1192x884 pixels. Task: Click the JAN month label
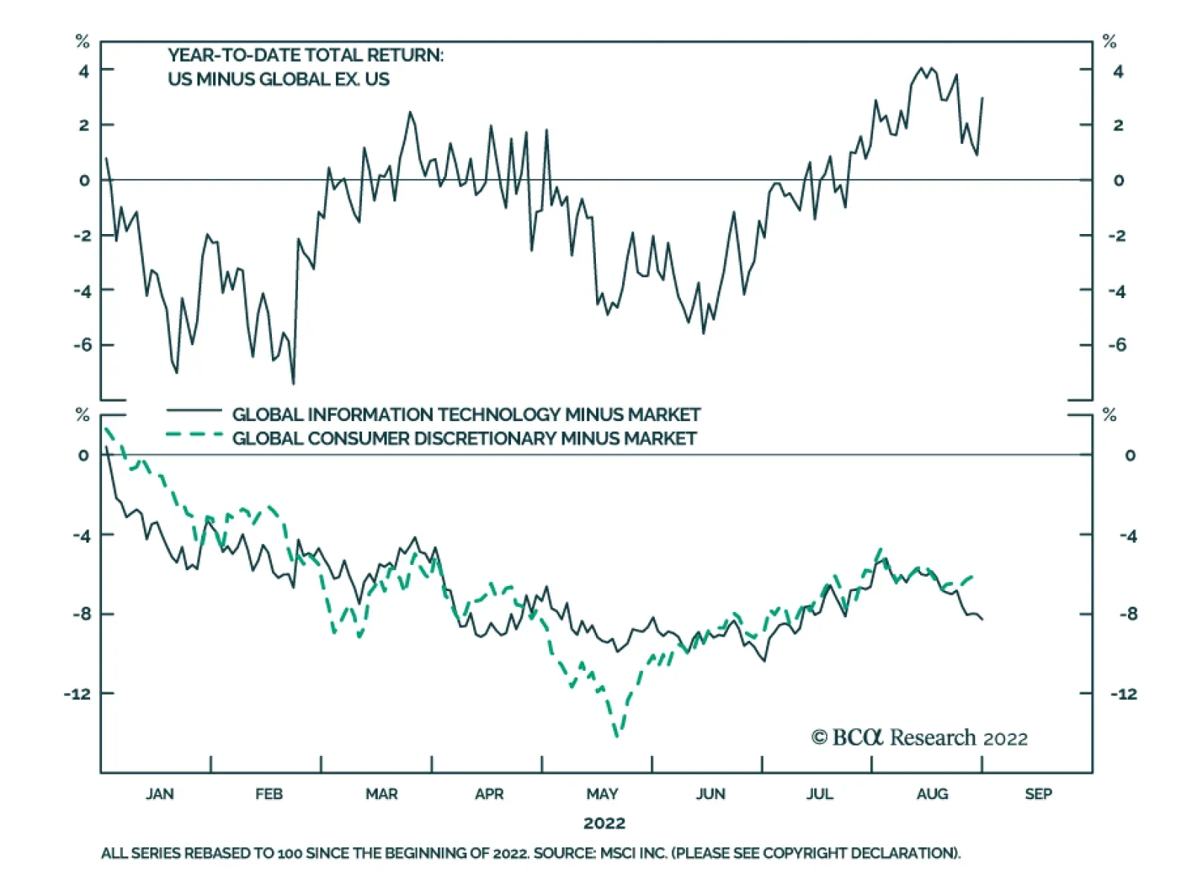(159, 794)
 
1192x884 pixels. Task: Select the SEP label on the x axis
(1038, 794)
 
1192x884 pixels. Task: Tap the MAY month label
(602, 794)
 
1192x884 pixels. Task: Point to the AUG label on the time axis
(932, 794)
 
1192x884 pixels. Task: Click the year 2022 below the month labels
(604, 823)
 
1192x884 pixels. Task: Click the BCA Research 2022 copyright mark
(919, 738)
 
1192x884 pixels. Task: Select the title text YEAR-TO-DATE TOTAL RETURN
(305, 55)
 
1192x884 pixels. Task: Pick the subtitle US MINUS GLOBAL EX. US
(279, 79)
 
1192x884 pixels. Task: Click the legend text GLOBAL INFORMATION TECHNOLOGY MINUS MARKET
(466, 414)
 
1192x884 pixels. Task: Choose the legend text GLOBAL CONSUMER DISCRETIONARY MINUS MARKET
(464, 438)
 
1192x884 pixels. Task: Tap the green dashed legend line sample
(194, 434)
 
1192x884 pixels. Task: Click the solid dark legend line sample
(194, 411)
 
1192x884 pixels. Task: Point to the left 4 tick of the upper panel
(84, 71)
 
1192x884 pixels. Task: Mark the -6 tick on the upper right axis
(1117, 345)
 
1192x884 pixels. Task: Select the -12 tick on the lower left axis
(77, 694)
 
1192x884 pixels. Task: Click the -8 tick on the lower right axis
(1128, 614)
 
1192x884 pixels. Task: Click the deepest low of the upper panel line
(294, 384)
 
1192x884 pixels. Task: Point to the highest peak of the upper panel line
(922, 68)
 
